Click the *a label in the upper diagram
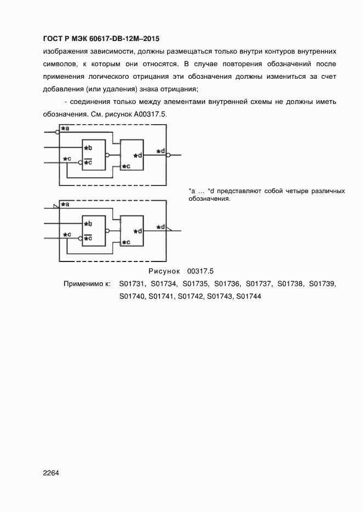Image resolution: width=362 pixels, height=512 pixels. [65, 129]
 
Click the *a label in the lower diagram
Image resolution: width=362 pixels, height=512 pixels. [65, 204]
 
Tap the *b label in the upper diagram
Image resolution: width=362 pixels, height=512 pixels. [88, 148]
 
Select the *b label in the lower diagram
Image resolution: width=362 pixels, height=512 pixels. [88, 224]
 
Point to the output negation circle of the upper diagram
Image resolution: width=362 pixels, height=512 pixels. [168, 155]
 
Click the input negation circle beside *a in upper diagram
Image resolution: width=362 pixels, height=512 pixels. [58, 132]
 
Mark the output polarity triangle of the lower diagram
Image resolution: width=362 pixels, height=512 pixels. [169, 230]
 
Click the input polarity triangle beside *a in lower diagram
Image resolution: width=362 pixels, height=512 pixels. [55, 206]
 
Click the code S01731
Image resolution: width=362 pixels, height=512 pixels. [131, 284]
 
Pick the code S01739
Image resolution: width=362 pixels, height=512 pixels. [322, 284]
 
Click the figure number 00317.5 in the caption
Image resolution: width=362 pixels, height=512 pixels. [200, 271]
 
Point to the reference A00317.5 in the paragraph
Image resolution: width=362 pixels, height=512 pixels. [150, 115]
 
